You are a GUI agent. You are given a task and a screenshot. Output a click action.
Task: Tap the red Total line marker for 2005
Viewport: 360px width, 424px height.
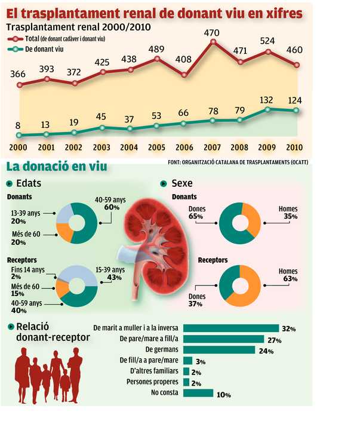(x=157, y=59)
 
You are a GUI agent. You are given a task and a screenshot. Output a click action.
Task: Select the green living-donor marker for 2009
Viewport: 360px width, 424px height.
(x=268, y=109)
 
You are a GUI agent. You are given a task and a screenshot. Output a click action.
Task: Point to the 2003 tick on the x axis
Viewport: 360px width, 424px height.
(x=102, y=147)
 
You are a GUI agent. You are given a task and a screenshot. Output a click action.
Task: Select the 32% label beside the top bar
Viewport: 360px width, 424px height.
(x=289, y=328)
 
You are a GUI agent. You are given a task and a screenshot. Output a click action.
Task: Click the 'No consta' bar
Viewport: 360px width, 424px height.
(x=198, y=393)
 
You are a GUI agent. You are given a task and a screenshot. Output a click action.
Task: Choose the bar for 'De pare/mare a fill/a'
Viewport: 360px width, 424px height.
(x=223, y=339)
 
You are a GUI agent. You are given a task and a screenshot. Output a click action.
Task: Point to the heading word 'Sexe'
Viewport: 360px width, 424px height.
(x=181, y=183)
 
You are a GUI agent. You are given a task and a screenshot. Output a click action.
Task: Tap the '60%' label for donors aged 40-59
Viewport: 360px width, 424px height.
(x=112, y=207)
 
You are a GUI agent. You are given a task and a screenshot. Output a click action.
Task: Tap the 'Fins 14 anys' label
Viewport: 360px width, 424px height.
(x=25, y=270)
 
